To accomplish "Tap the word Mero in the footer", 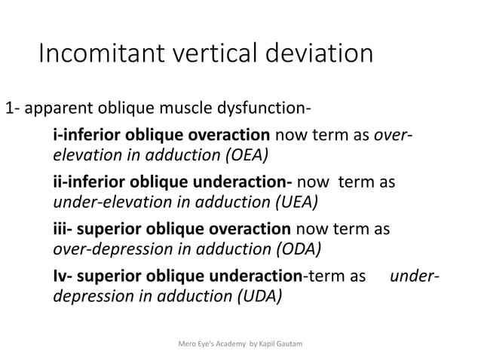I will click(185, 344).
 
